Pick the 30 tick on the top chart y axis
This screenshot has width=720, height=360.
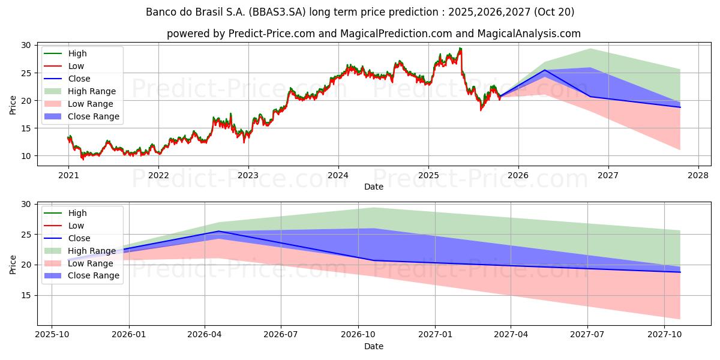[26, 45]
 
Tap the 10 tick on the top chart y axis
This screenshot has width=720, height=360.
[26, 156]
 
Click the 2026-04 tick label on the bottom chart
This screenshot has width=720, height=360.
[205, 335]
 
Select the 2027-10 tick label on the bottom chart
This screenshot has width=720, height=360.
[664, 335]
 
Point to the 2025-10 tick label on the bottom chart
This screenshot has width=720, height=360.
[52, 335]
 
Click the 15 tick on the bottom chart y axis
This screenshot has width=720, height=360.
[26, 295]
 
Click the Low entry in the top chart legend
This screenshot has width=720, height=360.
[76, 66]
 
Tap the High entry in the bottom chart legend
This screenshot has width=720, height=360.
[77, 213]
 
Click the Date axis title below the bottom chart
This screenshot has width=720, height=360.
[374, 346]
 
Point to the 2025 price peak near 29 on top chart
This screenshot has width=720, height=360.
[460, 48]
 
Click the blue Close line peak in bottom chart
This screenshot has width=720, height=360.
[218, 231]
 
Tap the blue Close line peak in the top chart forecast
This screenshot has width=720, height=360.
[545, 70]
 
